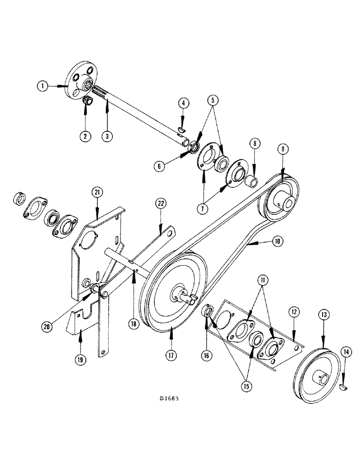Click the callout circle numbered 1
pos(44,86)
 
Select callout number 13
pos(323,316)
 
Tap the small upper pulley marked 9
pos(279,198)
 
